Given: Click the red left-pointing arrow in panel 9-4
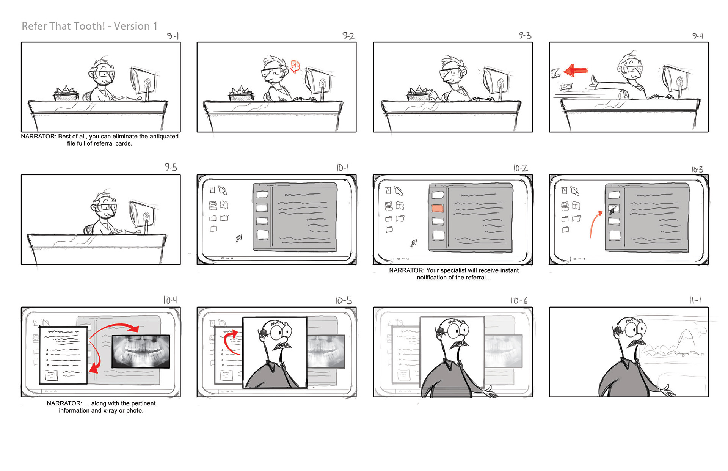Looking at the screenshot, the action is tap(576, 71).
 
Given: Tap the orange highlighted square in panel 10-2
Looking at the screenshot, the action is tap(438, 208).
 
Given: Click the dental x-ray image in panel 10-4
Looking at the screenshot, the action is tap(141, 352).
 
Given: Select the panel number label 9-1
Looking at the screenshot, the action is tap(173, 36).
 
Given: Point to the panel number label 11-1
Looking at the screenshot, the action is tap(695, 300).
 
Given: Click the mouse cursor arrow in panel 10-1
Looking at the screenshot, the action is tap(239, 238).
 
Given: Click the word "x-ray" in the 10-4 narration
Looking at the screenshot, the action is tap(110, 411).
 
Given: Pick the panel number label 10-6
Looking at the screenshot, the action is tap(519, 301).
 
